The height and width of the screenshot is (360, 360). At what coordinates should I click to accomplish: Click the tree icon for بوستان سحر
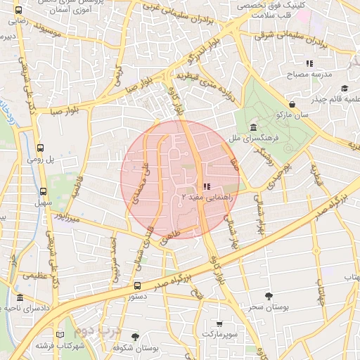(x=268, y=296)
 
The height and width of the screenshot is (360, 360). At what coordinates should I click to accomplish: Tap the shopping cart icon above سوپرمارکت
(x=219, y=324)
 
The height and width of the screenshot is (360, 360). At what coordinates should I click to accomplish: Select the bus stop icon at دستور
(x=137, y=285)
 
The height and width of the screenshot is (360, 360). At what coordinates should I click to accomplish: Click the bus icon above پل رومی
(x=40, y=148)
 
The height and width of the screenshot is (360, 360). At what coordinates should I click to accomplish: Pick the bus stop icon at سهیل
(x=44, y=191)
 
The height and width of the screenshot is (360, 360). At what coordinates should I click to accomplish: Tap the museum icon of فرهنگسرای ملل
(x=253, y=127)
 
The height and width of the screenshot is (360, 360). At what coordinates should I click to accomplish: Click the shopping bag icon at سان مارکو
(x=292, y=104)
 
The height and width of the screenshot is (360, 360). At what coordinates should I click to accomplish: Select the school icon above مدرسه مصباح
(x=309, y=63)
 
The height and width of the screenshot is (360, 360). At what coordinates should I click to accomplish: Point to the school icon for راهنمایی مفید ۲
(x=207, y=186)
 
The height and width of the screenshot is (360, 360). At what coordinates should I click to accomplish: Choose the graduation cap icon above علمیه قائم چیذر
(x=345, y=88)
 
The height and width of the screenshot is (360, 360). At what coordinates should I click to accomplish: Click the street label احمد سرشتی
(x=115, y=259)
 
